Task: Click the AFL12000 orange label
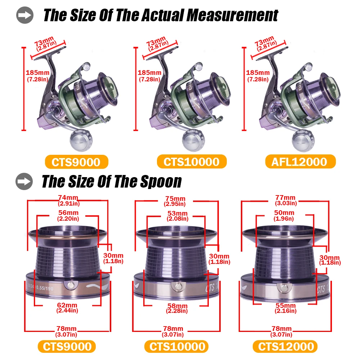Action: tap(300, 162)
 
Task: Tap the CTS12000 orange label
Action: tap(285, 346)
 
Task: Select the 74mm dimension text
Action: tap(68, 197)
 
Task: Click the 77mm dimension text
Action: tap(285, 197)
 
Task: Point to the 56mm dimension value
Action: tap(68, 213)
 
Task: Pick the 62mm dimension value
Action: tap(67, 305)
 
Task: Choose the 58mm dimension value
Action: tap(177, 306)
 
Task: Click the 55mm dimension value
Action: tap(285, 306)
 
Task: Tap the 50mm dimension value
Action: tap(284, 213)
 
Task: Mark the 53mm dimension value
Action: tap(177, 213)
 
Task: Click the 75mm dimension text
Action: tap(175, 198)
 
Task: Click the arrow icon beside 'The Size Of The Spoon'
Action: tap(24, 181)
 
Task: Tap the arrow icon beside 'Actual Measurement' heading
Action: tap(25, 15)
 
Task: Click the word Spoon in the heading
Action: tap(161, 181)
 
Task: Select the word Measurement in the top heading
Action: tap(232, 15)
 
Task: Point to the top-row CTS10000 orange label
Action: tap(192, 162)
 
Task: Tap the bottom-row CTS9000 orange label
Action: tap(67, 346)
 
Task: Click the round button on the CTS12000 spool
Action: tap(284, 288)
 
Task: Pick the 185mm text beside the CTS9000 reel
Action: tap(37, 73)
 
